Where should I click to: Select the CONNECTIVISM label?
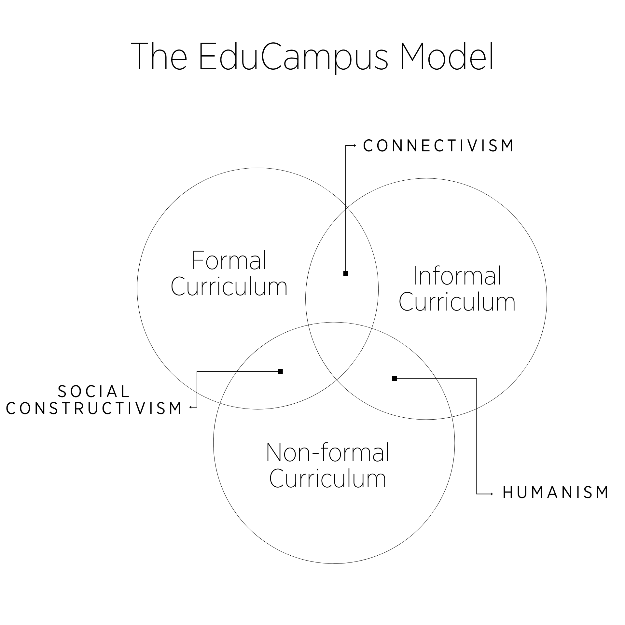pos(438,146)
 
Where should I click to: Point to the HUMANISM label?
pos(555,493)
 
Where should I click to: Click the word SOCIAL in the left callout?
pos(94,392)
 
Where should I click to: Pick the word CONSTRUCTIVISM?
pos(94,409)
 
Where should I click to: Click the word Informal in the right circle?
pos(457,276)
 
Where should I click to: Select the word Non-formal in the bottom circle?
pos(327,452)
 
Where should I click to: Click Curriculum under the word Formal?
pos(229,287)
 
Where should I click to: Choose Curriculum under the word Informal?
pos(457,302)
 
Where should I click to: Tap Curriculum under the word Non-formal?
pos(327,479)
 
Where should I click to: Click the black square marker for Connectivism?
pos(346,274)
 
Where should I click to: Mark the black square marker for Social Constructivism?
pos(281,371)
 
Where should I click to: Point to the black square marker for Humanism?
pos(395,379)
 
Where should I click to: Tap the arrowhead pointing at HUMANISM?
pos(491,494)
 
